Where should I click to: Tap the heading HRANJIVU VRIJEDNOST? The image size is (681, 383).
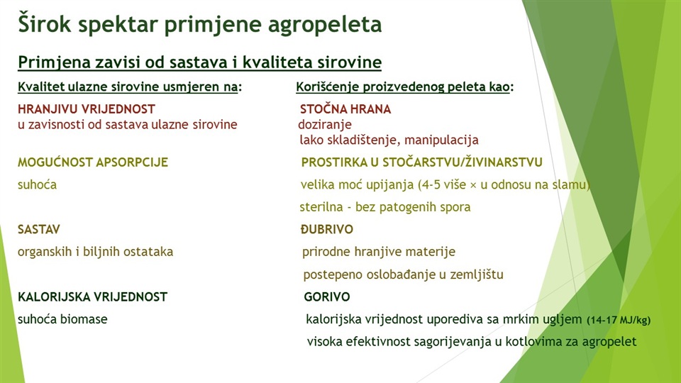pos(87,109)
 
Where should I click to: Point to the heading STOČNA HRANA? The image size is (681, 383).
pos(345,109)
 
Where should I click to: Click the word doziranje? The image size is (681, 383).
pos(325,125)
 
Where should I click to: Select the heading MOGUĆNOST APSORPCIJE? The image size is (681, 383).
pos(93,162)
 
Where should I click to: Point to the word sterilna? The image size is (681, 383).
pos(321,206)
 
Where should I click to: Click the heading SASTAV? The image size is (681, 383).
pos(38,229)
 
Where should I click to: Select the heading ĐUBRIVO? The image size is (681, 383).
pos(327,229)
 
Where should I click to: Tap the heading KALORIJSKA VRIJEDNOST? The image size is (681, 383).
pos(92,297)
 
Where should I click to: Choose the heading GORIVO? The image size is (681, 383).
pos(327,297)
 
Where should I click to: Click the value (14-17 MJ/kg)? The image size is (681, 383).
pos(619,321)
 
